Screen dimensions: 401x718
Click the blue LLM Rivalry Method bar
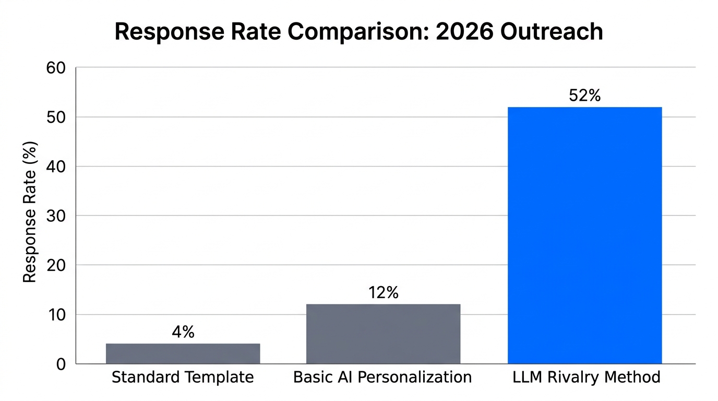click(584, 235)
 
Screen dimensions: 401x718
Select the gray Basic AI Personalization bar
click(383, 334)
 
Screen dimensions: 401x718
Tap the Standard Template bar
click(183, 353)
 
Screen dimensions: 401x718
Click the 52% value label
click(584, 96)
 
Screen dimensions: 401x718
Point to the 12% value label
click(383, 293)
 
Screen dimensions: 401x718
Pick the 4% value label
click(183, 332)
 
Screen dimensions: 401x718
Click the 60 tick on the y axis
click(57, 68)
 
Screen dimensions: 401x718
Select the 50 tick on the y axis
click(57, 117)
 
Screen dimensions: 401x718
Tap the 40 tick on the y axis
click(57, 167)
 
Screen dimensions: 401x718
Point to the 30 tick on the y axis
click(57, 216)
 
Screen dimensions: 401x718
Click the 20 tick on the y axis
click(57, 265)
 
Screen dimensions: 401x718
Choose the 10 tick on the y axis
click(57, 314)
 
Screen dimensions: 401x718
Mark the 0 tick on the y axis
click(62, 364)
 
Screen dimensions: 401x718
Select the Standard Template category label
click(183, 377)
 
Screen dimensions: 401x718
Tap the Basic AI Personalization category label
click(382, 377)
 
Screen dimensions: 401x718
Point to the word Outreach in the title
click(551, 32)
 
